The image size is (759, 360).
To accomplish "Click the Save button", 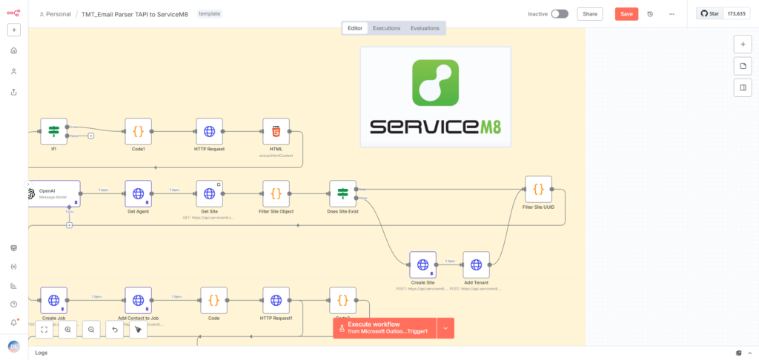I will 626,14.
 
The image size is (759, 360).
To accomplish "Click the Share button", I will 590,14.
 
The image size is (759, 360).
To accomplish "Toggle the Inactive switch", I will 560,14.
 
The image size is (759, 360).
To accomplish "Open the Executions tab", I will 386,28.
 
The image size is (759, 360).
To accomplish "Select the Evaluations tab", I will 425,28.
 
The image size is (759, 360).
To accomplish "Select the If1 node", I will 54,132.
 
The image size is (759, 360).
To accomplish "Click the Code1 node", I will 138,132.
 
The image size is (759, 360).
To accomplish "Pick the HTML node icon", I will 276,132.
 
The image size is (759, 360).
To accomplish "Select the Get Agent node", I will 138,194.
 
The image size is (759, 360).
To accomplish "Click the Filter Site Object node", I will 276,194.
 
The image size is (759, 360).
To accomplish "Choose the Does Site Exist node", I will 342,194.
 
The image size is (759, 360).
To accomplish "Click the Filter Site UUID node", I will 538,190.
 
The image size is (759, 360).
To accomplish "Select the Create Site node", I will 422,264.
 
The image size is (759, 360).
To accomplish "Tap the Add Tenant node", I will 476,264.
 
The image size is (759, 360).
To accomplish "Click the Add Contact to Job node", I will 138,301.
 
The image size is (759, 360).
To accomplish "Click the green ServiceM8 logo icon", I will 435,82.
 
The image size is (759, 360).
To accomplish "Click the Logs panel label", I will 42,353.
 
